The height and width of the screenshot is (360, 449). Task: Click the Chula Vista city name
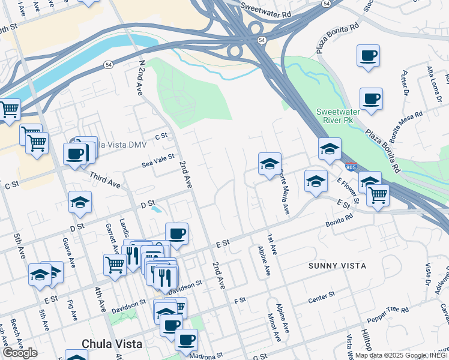112,344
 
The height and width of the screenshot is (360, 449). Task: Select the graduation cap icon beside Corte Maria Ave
270,163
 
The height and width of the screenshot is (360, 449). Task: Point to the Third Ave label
105,182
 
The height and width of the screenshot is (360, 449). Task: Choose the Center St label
321,296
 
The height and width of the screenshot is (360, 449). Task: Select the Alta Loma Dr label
430,71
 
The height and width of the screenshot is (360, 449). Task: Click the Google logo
19,353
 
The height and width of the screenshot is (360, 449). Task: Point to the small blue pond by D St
156,210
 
